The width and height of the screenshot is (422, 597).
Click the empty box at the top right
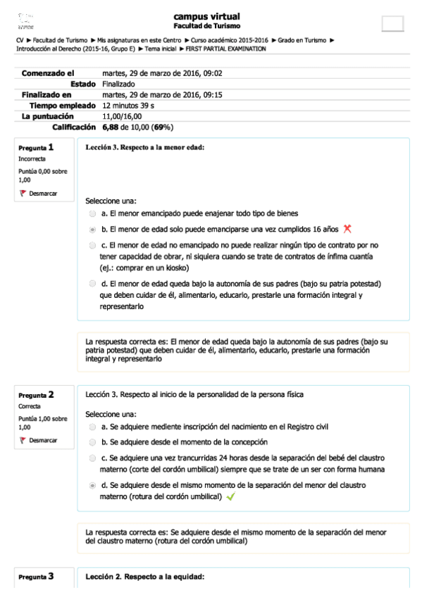[392, 23]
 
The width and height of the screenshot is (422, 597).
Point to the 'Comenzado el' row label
[48, 73]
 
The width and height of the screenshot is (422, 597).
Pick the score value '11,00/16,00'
[122, 116]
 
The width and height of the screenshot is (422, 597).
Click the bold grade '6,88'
[109, 127]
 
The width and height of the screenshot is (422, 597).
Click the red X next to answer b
[346, 229]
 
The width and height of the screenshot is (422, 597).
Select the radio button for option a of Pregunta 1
[93, 213]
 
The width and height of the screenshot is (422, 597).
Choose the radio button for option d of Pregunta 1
[93, 284]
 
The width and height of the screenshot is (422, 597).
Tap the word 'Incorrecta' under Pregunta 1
[32, 159]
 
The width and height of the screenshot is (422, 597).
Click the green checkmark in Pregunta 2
[230, 497]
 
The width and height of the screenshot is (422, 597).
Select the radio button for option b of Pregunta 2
[93, 442]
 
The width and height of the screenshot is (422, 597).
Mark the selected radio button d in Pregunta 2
[93, 486]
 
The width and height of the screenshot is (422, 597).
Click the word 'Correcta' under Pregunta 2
[30, 406]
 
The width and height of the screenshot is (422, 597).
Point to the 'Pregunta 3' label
[36, 577]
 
